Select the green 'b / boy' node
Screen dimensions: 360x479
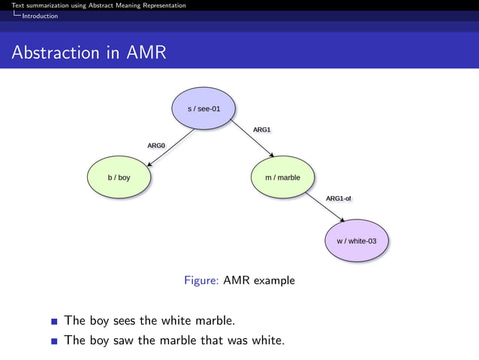[x=119, y=178]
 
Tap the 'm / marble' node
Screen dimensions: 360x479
[x=282, y=178]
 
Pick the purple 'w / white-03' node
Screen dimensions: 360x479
[x=357, y=241]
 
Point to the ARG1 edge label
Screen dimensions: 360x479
[x=261, y=130]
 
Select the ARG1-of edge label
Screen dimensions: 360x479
[x=338, y=198]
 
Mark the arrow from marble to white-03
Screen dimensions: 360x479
[x=324, y=207]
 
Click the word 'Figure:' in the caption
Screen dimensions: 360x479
[x=201, y=280]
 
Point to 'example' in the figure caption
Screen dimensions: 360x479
[x=274, y=281]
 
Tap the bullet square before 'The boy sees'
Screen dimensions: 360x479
[x=55, y=322]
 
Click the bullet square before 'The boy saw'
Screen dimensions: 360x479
[x=55, y=341]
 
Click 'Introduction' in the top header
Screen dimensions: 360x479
[x=39, y=16]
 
